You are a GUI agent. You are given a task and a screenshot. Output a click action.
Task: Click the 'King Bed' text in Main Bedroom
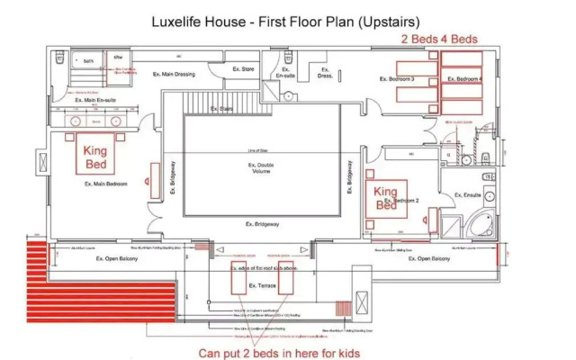pyautogui.click(x=95, y=158)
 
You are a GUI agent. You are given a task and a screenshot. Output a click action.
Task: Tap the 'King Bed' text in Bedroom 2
pyautogui.click(x=385, y=198)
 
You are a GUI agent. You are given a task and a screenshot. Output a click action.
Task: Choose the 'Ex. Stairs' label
pyautogui.click(x=221, y=109)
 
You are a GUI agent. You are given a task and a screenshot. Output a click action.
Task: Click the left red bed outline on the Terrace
pyautogui.click(x=238, y=281)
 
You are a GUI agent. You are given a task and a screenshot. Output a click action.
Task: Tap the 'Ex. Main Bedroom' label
pyautogui.click(x=105, y=184)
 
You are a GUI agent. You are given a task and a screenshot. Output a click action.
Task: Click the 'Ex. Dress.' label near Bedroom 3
pyautogui.click(x=325, y=76)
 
